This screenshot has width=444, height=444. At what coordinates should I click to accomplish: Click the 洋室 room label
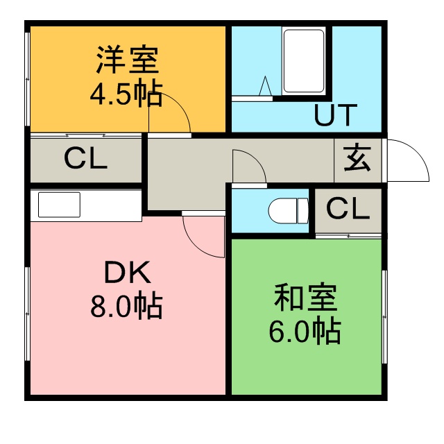[127, 59]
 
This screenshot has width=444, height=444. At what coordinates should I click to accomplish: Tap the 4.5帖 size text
[126, 95]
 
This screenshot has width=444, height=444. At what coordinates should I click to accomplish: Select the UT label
[336, 114]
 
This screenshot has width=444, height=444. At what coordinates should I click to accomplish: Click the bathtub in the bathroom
[304, 61]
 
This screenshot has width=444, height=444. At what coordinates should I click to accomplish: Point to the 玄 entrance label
[357, 159]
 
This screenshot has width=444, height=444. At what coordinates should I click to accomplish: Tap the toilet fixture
[289, 211]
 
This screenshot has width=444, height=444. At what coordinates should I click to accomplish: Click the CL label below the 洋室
[85, 159]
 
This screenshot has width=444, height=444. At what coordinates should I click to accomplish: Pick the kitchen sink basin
[59, 205]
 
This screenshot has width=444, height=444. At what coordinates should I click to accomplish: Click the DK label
[128, 272]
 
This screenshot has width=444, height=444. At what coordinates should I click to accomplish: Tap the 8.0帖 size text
[126, 307]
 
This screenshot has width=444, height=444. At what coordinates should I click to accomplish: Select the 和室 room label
[305, 298]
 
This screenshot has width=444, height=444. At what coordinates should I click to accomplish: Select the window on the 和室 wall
[384, 316]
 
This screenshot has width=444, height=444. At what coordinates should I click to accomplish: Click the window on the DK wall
[28, 314]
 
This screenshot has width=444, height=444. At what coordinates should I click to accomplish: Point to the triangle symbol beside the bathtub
[265, 86]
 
